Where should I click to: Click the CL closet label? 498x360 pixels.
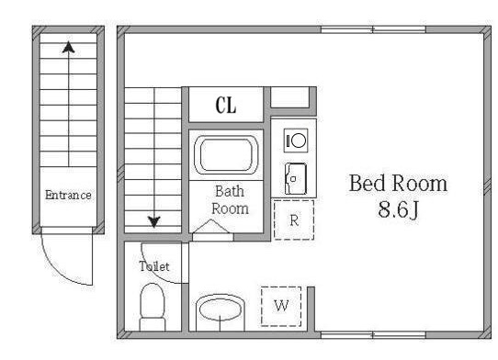(226, 105)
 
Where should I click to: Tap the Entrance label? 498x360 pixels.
(68, 195)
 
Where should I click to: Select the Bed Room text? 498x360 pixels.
(398, 183)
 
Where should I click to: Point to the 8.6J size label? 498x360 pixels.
(398, 209)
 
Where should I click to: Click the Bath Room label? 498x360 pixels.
(230, 200)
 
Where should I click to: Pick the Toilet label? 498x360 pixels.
(154, 266)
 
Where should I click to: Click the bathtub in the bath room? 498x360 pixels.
(226, 155)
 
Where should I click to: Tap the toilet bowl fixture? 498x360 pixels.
(153, 307)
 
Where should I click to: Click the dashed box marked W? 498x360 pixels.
(281, 307)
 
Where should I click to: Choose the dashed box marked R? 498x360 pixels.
(294, 219)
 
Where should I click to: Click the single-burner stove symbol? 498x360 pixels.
(296, 141)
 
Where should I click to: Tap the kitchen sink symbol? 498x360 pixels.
(296, 179)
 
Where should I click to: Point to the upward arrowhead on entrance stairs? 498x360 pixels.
(69, 48)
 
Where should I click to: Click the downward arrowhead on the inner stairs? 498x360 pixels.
(154, 222)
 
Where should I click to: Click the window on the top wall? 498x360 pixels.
(373, 29)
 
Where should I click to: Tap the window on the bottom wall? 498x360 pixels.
(373, 334)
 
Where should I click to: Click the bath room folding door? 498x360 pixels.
(212, 228)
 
